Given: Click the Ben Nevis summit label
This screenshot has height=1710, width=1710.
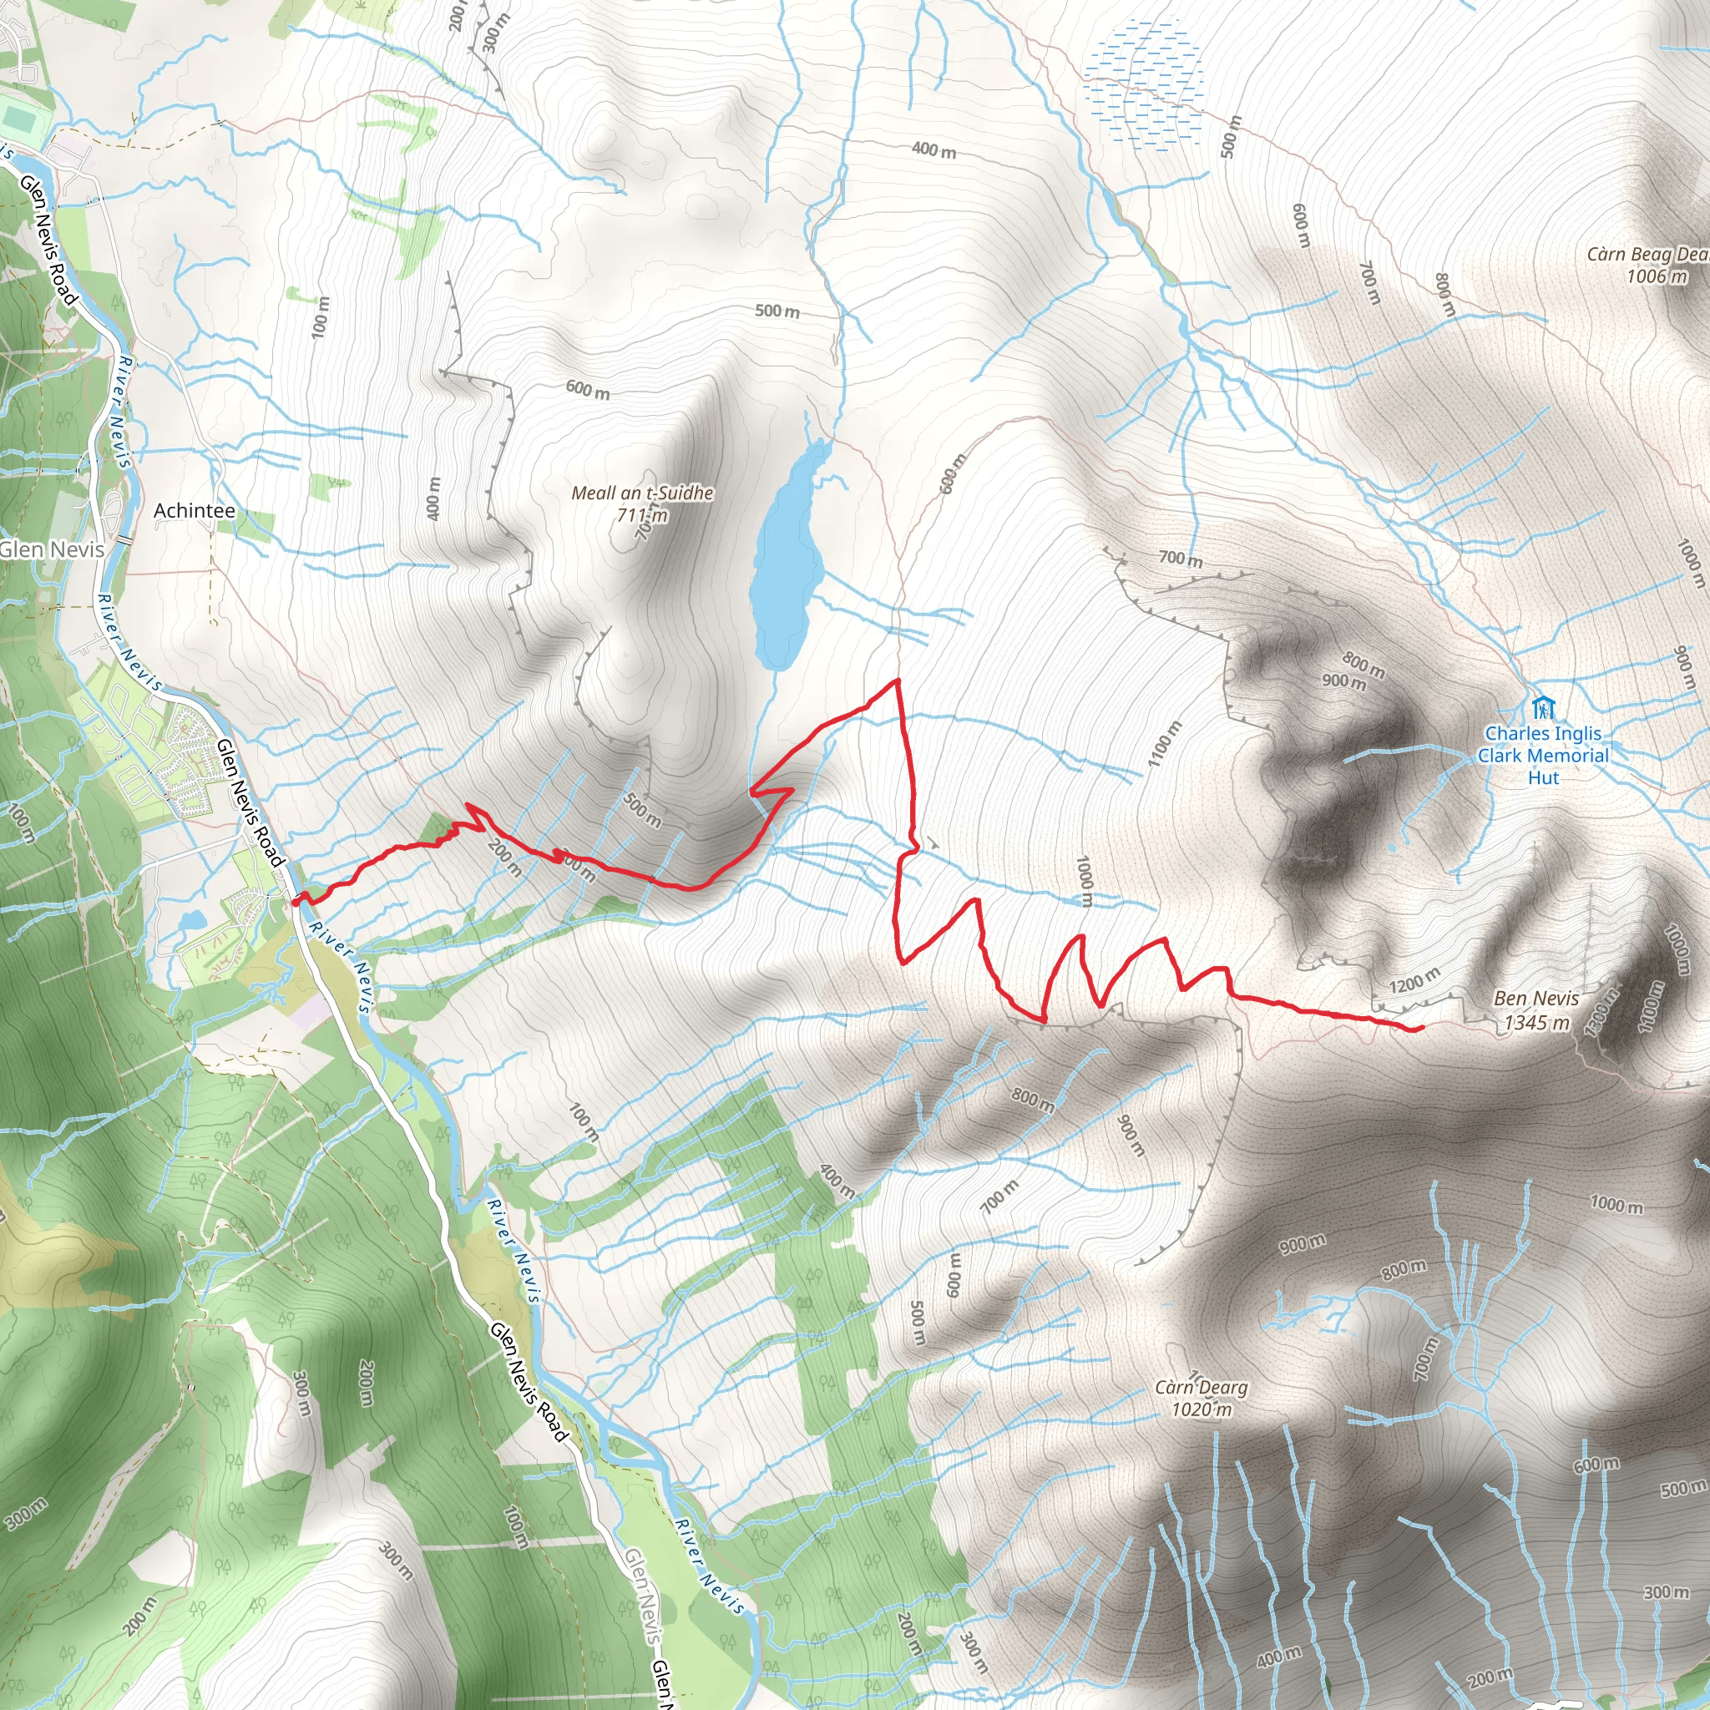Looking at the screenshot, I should pyautogui.click(x=1535, y=999).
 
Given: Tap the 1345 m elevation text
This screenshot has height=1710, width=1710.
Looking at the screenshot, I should pyautogui.click(x=1537, y=1023).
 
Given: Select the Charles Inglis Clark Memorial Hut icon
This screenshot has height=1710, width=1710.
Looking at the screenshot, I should pyautogui.click(x=1543, y=708).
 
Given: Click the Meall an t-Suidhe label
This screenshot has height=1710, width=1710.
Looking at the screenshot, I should pyautogui.click(x=642, y=493).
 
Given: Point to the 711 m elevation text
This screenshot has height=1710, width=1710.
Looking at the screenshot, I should pyautogui.click(x=643, y=515).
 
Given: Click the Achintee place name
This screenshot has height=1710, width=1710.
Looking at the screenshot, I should pyautogui.click(x=195, y=511).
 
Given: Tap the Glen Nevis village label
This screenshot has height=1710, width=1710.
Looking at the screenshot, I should pyautogui.click(x=51, y=549).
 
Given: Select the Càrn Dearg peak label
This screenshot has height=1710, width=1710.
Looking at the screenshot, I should pyautogui.click(x=1201, y=1387).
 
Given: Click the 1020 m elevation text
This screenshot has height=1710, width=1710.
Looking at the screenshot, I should pyautogui.click(x=1201, y=1409).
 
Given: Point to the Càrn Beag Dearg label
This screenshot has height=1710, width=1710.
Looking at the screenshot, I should pyautogui.click(x=1647, y=255).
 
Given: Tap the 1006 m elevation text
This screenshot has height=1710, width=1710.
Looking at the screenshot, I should pyautogui.click(x=1656, y=276).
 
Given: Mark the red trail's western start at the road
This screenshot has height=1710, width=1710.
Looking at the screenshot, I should pyautogui.click(x=295, y=902).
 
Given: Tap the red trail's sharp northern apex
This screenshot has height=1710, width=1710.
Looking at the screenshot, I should pyautogui.click(x=898, y=680).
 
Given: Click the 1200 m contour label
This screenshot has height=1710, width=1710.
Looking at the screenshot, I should pyautogui.click(x=1414, y=982).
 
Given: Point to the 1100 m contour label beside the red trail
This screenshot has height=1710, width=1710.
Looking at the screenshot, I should pyautogui.click(x=1165, y=743).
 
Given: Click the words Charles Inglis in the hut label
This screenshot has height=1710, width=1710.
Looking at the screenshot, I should pyautogui.click(x=1543, y=733).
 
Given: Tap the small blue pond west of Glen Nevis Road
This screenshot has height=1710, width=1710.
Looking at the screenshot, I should pyautogui.click(x=191, y=922).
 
